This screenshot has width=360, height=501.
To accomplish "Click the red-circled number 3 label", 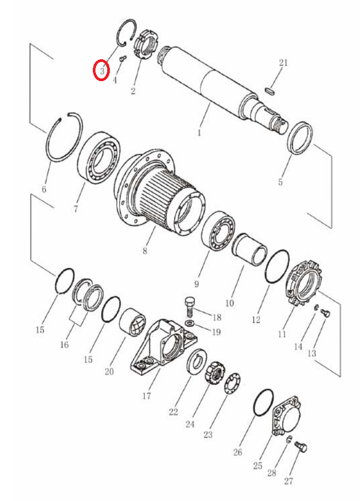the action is tap(102, 70).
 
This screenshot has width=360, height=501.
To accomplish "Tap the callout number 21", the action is tap(283, 62).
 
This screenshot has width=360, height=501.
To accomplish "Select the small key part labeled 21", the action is tap(270, 91).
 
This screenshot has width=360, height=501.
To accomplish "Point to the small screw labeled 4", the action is tap(123, 59).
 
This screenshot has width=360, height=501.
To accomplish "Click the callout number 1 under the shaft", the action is tap(199, 132).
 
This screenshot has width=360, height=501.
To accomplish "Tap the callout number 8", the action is tap(145, 251).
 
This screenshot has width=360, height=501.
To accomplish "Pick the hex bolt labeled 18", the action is tap(189, 306).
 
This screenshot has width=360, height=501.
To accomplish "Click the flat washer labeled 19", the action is tap(190, 323).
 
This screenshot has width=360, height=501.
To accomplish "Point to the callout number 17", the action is tap(147, 396).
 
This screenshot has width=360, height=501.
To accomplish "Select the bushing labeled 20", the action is tap(132, 323).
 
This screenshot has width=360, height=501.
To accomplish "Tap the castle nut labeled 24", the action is tap(214, 372).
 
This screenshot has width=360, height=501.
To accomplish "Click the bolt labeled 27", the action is tap(301, 447).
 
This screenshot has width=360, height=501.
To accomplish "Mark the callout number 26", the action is tap(237, 452).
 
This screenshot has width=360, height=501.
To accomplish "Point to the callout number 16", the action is tap(64, 345).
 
